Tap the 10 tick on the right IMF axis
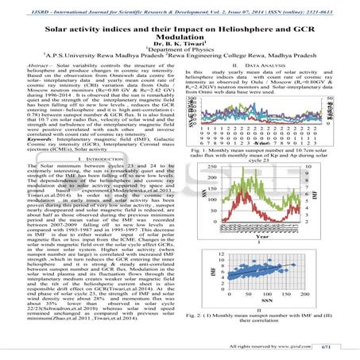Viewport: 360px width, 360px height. click(328, 168)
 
